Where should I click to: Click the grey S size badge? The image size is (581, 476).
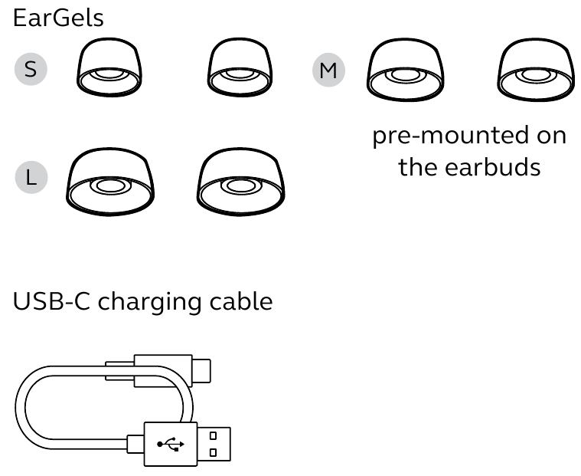coord(31,69)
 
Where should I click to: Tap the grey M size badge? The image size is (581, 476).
coord(328,70)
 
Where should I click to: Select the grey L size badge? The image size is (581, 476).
coord(31,177)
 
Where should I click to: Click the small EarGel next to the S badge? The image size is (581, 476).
coord(109,67)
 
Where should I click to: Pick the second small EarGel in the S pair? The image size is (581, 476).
coord(240,67)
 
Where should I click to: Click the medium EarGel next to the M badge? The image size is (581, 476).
coord(406,70)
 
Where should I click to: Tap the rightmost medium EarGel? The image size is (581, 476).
coord(536,70)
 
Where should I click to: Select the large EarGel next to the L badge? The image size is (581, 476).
coord(110,182)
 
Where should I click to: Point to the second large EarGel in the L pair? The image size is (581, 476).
coord(241,182)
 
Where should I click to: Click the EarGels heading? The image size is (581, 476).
coord(58,18)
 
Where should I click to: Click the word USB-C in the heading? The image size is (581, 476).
coord(51,301)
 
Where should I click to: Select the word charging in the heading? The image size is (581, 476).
coord(149,304)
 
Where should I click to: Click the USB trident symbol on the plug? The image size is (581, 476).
coord(171,444)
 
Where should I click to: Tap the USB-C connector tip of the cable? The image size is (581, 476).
coord(201,371)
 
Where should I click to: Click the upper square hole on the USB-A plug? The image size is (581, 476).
coord(213,435)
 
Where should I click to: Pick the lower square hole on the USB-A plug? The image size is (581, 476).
coord(213,453)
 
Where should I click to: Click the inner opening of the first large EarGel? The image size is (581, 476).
coord(110,185)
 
